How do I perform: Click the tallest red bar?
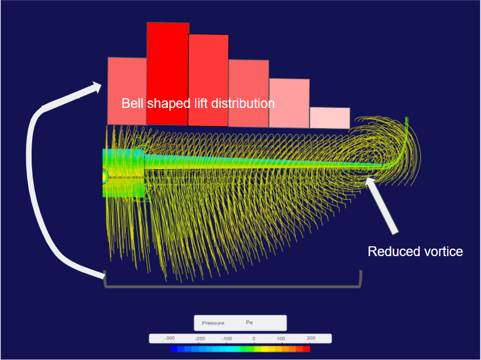click(x=168, y=73)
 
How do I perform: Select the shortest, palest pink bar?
click(x=329, y=118)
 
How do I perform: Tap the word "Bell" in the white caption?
click(x=133, y=104)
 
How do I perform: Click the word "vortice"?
click(x=442, y=251)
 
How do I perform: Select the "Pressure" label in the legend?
click(x=213, y=323)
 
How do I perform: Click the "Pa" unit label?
click(x=249, y=323)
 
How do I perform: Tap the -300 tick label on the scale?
click(x=169, y=339)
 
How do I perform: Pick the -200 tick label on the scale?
click(x=200, y=339)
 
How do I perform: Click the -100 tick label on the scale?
click(x=227, y=339)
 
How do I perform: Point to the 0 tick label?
click(x=254, y=339)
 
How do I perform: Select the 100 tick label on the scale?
click(x=281, y=339)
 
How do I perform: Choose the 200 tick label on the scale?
click(x=311, y=339)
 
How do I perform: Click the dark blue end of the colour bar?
click(x=174, y=349)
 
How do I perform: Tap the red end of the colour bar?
click(x=307, y=349)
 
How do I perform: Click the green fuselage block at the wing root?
click(x=122, y=173)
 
